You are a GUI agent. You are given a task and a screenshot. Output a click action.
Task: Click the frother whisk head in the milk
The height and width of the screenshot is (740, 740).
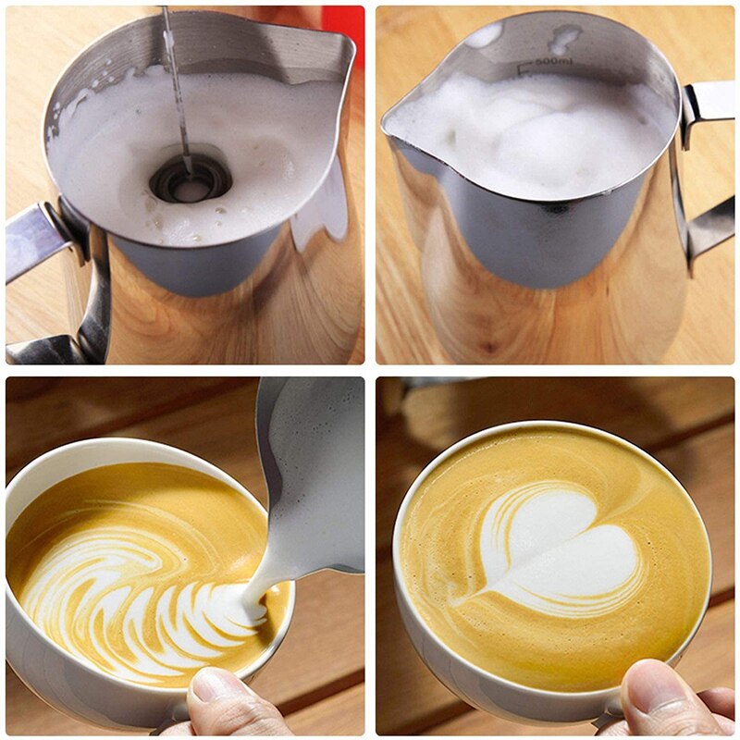[x=191, y=178]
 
